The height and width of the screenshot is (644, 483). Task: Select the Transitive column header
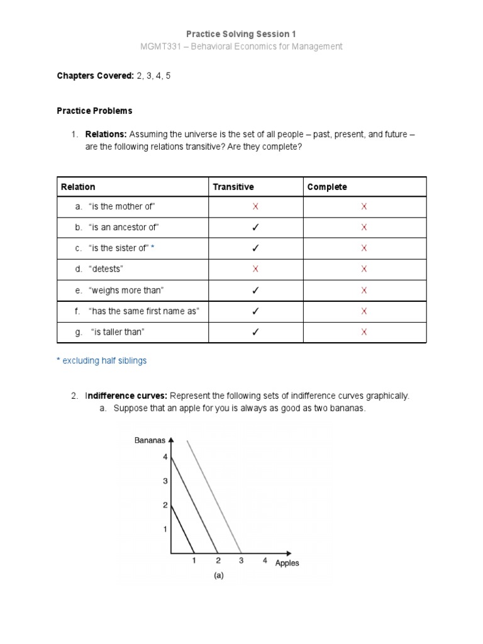click(233, 187)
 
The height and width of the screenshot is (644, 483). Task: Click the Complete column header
click(326, 187)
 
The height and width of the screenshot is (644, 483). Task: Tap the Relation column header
click(78, 187)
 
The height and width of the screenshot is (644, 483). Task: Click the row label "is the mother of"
click(123, 206)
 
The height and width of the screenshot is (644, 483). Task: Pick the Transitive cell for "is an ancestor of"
click(255, 227)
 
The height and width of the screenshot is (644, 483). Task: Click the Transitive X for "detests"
click(255, 269)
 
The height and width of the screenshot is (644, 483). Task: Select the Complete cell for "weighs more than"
click(364, 291)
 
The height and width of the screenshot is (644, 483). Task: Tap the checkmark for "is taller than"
click(255, 333)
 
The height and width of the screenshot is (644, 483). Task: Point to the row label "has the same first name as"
click(144, 311)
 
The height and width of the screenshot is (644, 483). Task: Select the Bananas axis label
click(150, 440)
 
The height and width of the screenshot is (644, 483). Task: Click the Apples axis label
click(287, 563)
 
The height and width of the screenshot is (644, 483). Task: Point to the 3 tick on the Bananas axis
click(165, 481)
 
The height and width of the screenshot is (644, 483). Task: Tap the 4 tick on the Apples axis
click(265, 560)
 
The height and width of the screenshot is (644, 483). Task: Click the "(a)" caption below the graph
click(219, 575)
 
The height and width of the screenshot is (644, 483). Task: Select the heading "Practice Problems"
click(94, 111)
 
